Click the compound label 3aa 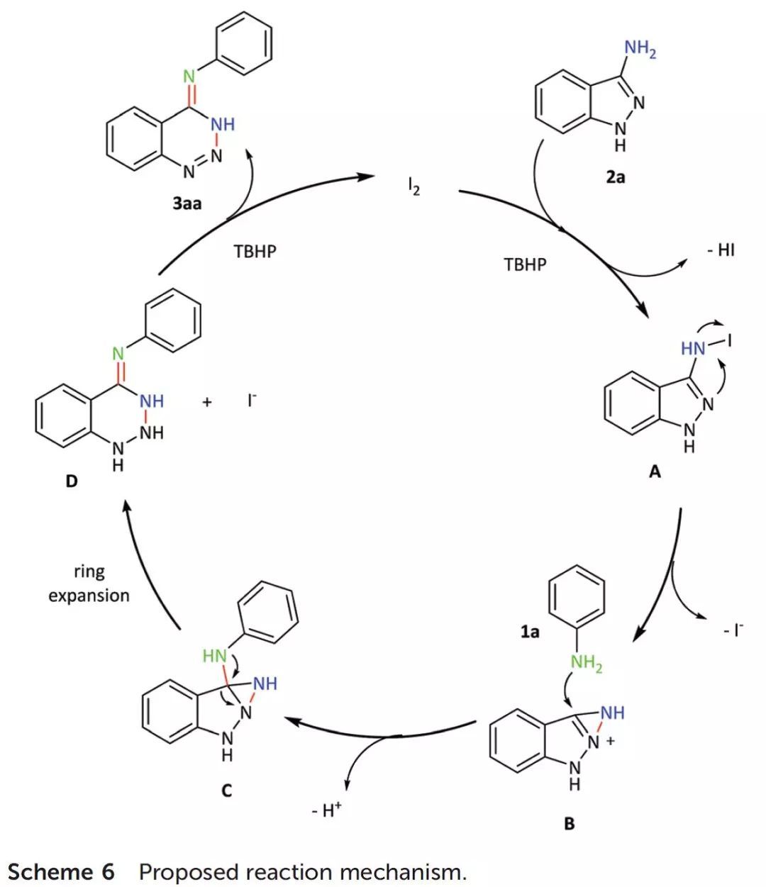tap(187, 204)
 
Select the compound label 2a tap(616, 177)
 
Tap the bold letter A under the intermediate tap(655, 472)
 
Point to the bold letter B tap(570, 824)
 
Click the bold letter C tap(227, 790)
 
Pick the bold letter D tap(71, 482)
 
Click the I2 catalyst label tap(413, 189)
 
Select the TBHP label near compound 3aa tap(255, 252)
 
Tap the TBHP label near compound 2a tap(526, 265)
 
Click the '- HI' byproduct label tap(721, 250)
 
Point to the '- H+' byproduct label tap(326, 810)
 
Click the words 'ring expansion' tap(89, 584)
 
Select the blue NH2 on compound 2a tap(640, 49)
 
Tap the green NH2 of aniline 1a tap(587, 664)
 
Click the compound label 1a tap(530, 631)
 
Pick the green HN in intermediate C tap(214, 656)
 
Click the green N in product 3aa tap(189, 76)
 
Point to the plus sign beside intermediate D tap(207, 402)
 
